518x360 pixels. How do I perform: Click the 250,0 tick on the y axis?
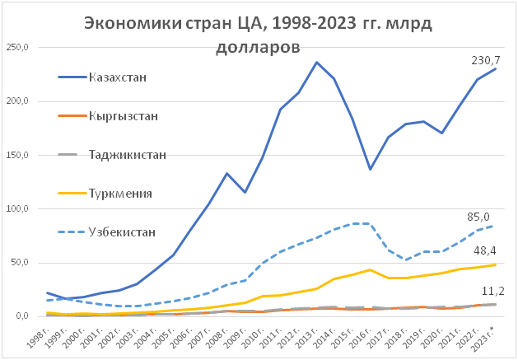[x=17, y=47]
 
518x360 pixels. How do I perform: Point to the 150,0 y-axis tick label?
[x=17, y=155]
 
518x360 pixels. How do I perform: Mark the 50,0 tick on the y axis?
[x=20, y=262]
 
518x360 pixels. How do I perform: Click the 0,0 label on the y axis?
[x=22, y=316]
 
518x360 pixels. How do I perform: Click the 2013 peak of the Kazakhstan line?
[x=317, y=62]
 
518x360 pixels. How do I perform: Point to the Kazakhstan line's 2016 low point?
[x=371, y=169]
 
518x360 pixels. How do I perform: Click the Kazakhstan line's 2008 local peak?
[x=227, y=173]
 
